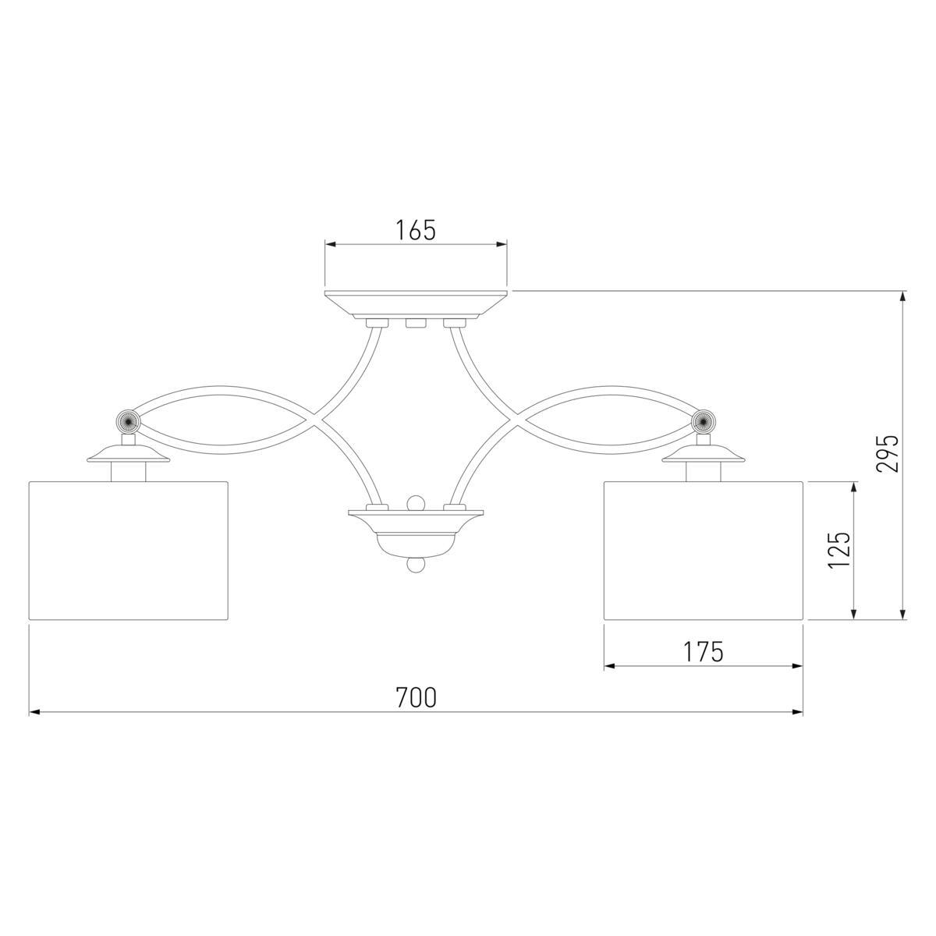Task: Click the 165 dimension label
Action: (x=416, y=230)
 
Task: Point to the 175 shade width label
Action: (x=704, y=651)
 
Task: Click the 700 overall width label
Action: (x=417, y=697)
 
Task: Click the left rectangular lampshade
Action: (x=129, y=551)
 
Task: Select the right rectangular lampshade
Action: (x=704, y=551)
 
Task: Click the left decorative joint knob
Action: (x=129, y=419)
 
